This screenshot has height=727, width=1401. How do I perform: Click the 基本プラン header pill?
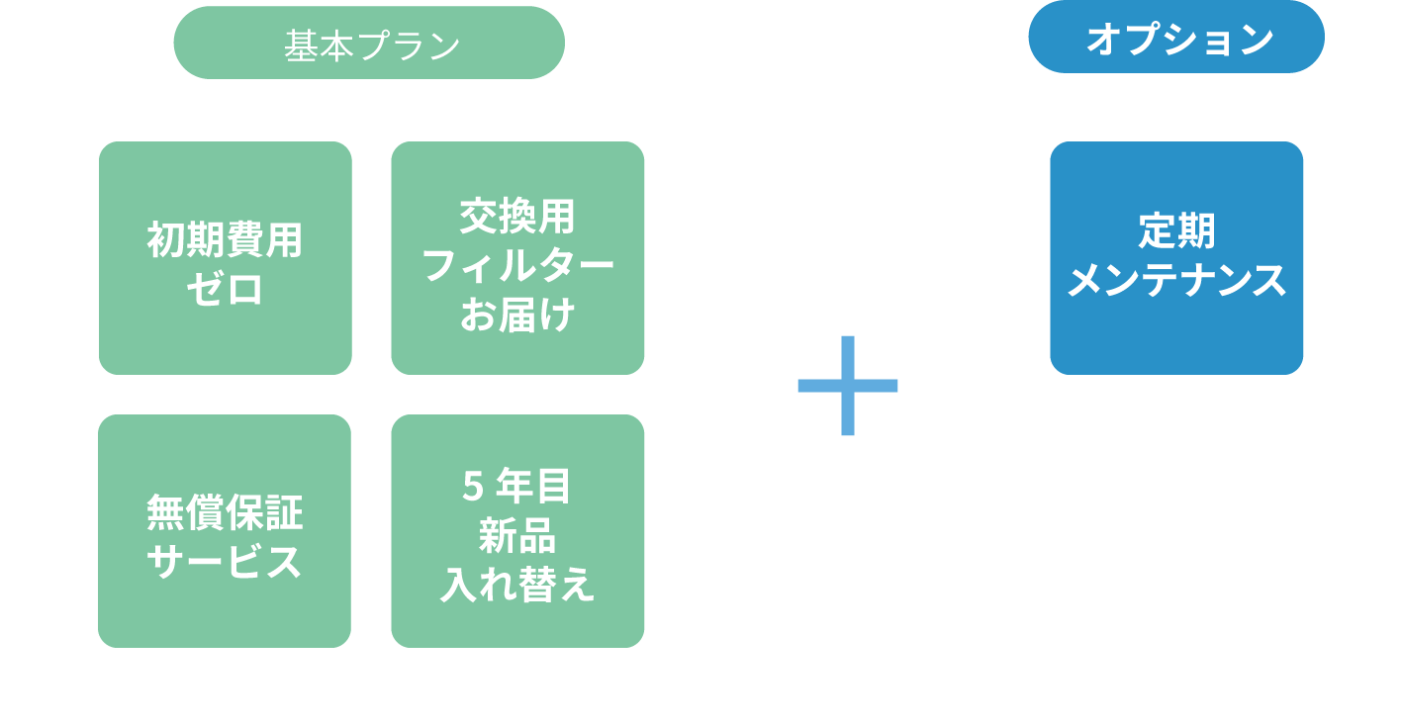[369, 44]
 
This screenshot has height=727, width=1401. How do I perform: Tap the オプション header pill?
[1176, 39]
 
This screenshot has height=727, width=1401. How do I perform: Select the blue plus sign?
[848, 386]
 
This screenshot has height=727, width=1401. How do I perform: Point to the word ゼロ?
[226, 289]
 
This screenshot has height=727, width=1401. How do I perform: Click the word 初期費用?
[226, 239]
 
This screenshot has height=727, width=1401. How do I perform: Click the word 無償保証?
[226, 512]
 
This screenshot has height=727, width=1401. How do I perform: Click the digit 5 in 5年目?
[473, 486]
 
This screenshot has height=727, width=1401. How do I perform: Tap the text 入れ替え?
[517, 585]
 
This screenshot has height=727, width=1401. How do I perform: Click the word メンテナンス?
[1176, 281]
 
